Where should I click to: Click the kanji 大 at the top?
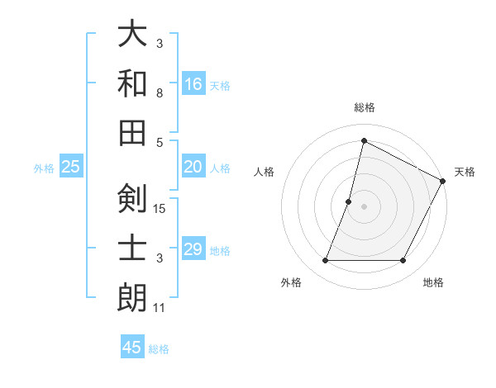132,35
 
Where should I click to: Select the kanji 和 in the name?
132,83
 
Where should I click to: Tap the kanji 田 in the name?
132,130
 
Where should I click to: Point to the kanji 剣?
132,198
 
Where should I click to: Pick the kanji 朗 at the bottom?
132,297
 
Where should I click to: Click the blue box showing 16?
193,83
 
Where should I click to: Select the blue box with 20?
193,167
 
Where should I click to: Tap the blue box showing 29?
193,249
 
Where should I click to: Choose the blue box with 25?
71,167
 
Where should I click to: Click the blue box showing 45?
132,348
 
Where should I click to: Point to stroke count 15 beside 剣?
160,208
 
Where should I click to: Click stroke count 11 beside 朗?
160,309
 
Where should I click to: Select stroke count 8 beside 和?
160,92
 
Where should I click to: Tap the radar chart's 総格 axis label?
365,107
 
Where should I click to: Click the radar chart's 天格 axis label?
465,172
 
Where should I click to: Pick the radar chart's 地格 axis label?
433,283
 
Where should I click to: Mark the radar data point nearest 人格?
349,201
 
